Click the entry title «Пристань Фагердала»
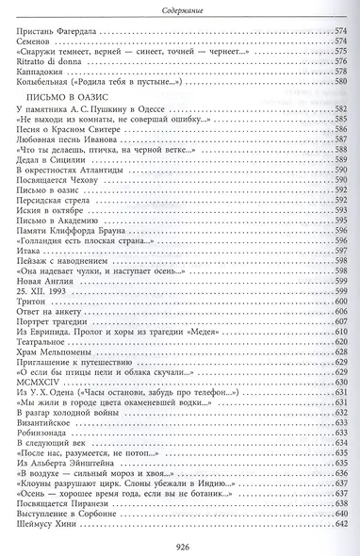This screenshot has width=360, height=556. pyautogui.click(x=57, y=33)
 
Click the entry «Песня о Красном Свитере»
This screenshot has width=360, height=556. pyautogui.click(x=64, y=131)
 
